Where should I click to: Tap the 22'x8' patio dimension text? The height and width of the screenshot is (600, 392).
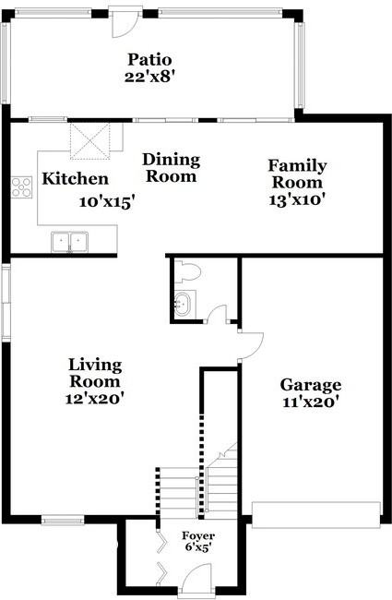pyautogui.click(x=149, y=78)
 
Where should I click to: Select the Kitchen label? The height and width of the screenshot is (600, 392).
pyautogui.click(x=76, y=179)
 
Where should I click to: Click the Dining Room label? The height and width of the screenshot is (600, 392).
pyautogui.click(x=171, y=167)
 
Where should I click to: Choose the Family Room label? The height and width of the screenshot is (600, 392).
pyautogui.click(x=297, y=174)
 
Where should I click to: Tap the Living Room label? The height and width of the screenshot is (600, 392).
pyautogui.click(x=95, y=373)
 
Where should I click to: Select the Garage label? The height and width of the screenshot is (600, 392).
pyautogui.click(x=311, y=385)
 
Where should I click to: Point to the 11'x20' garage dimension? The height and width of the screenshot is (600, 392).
pyautogui.click(x=311, y=402)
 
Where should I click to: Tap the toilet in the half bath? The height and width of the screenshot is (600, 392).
pyautogui.click(x=188, y=271)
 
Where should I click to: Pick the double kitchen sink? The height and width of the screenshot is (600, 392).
pyautogui.click(x=70, y=242)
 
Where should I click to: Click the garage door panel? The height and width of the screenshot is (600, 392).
pyautogui.click(x=316, y=508)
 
